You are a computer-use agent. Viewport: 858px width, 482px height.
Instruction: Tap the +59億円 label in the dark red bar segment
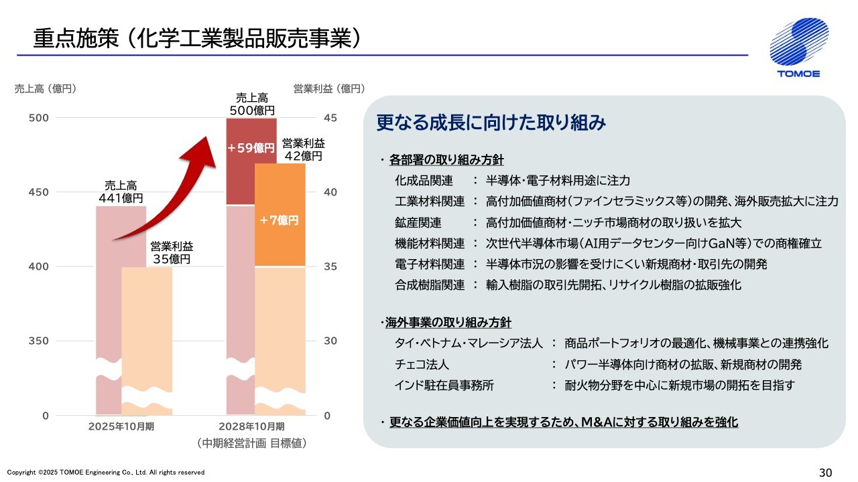[251, 149]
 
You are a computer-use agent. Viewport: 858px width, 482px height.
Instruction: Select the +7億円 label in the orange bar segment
[279, 220]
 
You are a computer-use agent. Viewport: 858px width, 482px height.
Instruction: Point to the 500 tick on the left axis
[40, 118]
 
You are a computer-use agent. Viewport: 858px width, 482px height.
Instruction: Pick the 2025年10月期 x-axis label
[121, 426]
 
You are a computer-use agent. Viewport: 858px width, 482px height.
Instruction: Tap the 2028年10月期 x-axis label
[252, 426]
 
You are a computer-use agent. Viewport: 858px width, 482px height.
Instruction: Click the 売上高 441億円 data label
[121, 191]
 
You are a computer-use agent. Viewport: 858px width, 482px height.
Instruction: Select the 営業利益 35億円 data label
[171, 252]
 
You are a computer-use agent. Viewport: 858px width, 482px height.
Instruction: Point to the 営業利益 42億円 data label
[303, 149]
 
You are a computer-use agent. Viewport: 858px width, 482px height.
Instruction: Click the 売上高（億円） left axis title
[46, 88]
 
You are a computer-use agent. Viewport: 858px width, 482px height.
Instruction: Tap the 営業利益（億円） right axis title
[329, 88]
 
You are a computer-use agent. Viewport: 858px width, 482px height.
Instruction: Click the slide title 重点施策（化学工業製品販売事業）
[198, 39]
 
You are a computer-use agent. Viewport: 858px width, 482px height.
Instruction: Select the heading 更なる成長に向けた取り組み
[491, 123]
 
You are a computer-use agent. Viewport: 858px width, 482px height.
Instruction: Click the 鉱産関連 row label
[418, 222]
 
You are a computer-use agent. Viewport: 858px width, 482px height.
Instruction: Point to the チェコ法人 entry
[422, 364]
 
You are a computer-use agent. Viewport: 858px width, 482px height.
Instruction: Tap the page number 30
[825, 473]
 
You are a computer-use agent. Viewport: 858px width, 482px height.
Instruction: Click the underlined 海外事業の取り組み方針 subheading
[448, 323]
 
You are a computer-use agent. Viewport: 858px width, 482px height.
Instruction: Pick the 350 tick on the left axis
[40, 341]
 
